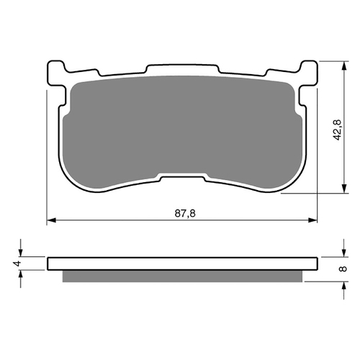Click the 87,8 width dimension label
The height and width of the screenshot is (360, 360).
(x=185, y=213)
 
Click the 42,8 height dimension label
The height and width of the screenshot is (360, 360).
(x=338, y=130)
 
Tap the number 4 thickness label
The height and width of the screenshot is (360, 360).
(x=17, y=264)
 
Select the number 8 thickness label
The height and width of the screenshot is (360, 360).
(x=343, y=269)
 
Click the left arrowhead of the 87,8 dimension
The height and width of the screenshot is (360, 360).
(x=51, y=220)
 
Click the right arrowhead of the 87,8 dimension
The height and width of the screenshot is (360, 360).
(x=312, y=220)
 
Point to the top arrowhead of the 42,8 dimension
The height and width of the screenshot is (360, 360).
(x=344, y=66)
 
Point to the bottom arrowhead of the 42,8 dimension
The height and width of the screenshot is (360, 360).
(x=344, y=189)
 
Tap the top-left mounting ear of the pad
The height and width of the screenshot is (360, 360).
(x=57, y=73)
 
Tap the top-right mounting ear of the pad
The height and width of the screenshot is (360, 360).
(x=308, y=73)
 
